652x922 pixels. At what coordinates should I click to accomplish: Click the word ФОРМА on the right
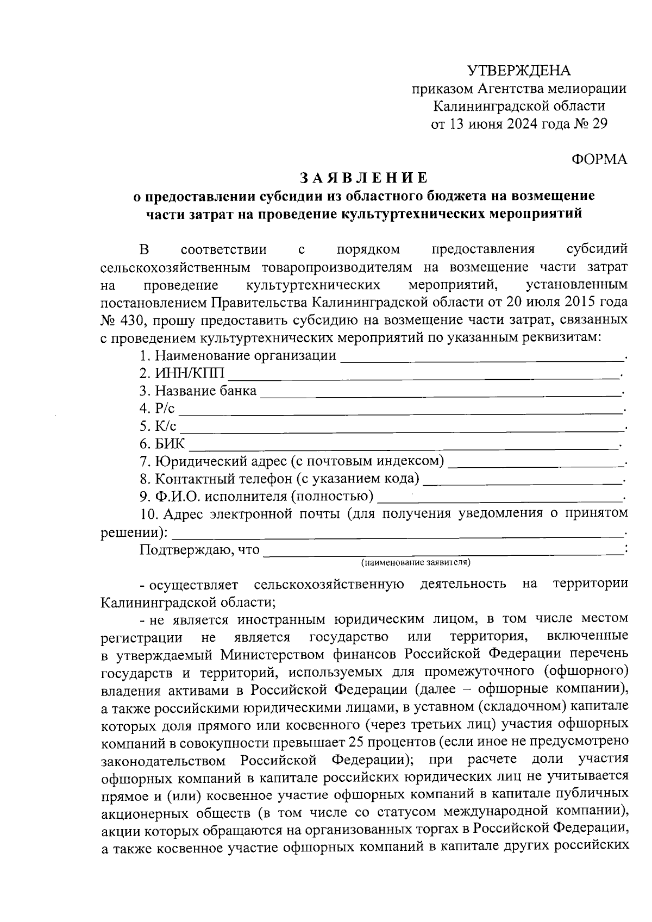point(599,159)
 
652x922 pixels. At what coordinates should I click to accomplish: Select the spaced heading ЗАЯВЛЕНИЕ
point(364,178)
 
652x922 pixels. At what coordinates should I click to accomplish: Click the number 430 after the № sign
point(130,320)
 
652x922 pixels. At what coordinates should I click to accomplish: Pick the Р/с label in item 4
point(164,409)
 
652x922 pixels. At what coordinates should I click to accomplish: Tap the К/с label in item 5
point(165,426)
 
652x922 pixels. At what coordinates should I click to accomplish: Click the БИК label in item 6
point(170,444)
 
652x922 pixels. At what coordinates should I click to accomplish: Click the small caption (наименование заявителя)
point(416,562)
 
